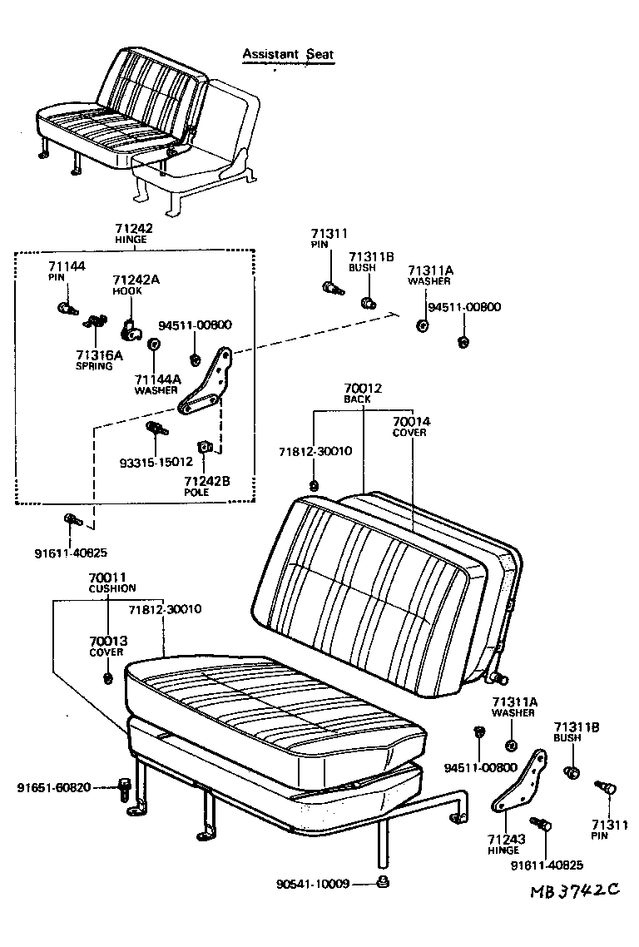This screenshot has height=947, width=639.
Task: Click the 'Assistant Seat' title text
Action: (x=287, y=55)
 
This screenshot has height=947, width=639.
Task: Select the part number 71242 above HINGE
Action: (x=134, y=227)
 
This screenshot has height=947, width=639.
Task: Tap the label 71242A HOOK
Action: (x=136, y=285)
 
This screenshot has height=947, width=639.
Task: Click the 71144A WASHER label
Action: (x=157, y=384)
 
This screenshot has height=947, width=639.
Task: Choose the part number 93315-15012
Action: (x=155, y=462)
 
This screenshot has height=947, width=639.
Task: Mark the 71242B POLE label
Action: (x=207, y=486)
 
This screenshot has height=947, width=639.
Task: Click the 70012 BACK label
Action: (x=363, y=393)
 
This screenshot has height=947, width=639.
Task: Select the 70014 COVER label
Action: (x=411, y=427)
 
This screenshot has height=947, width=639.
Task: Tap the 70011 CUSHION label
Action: (x=111, y=583)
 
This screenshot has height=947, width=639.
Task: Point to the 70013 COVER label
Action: (x=106, y=646)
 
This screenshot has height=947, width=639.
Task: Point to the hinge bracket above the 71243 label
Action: (x=521, y=783)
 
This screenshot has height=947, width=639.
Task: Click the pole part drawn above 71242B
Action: (x=205, y=449)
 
